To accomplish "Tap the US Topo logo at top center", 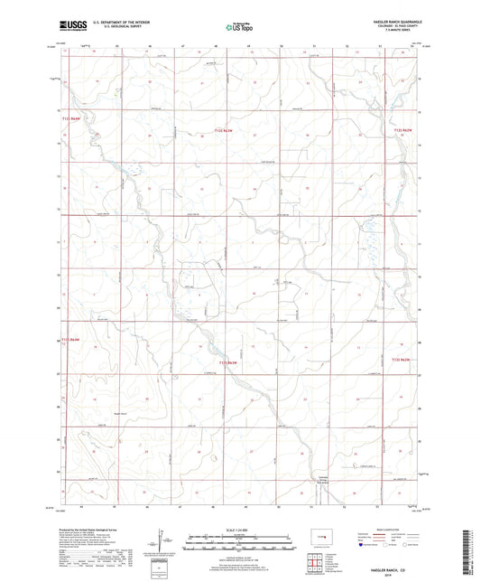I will tap(238, 28).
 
